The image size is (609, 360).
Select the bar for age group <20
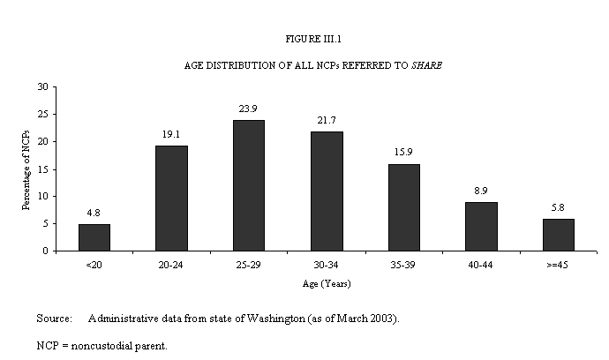[94, 237]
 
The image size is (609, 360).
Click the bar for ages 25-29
[249, 185]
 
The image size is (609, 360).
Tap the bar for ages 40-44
[481, 226]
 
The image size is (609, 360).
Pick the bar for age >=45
[558, 235]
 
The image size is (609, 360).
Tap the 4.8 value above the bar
[94, 214]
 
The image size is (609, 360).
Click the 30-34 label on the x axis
[327, 263]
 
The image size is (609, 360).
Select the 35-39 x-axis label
[403, 263]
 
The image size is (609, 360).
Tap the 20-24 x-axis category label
[171, 263]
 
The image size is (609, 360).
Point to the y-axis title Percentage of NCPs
[26, 169]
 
